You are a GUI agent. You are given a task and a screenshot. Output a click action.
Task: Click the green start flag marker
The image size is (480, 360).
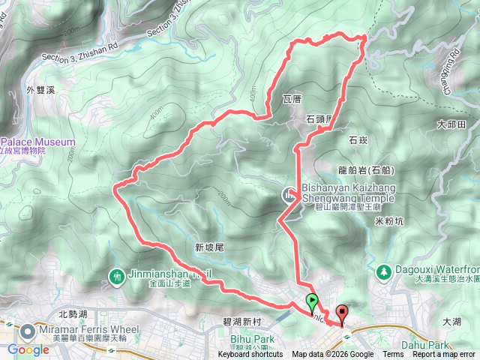pyautogui.click(x=312, y=303)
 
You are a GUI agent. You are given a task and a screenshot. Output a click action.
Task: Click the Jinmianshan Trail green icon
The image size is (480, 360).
pyautogui.click(x=117, y=276)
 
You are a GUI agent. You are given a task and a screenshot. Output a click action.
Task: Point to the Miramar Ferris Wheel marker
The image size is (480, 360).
pyautogui.click(x=27, y=331)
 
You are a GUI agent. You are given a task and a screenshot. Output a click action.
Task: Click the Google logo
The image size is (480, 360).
pyautogui.click(x=28, y=349)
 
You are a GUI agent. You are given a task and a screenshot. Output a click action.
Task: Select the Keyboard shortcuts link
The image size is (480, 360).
pyautogui.click(x=250, y=355)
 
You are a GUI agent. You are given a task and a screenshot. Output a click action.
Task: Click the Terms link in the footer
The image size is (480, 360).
pyautogui.click(x=393, y=355)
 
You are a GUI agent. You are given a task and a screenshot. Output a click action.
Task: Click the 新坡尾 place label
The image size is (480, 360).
pyautogui.click(x=209, y=247)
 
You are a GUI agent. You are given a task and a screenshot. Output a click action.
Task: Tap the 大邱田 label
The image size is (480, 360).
pyautogui.click(x=452, y=124)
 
